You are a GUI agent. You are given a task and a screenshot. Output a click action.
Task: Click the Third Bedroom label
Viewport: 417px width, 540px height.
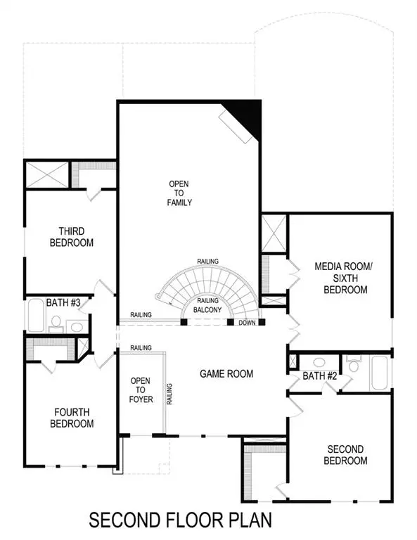72,237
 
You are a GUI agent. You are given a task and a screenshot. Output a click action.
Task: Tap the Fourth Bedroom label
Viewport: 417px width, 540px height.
72,418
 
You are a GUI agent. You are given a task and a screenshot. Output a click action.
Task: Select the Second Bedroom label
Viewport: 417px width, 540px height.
345,455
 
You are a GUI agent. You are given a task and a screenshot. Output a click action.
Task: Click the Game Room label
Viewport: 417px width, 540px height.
226,373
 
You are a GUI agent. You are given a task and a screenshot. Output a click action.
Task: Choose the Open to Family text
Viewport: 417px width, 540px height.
179,193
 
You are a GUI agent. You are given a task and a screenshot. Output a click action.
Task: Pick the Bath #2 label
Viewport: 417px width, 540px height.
321,376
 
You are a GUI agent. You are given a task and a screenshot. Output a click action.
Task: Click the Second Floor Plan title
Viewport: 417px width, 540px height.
180,520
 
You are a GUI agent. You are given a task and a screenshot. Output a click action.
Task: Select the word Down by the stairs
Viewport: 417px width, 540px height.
247,323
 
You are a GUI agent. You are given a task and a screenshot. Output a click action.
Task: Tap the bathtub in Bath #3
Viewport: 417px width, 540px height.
34,316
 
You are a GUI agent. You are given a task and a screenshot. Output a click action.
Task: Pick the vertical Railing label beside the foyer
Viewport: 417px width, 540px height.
169,394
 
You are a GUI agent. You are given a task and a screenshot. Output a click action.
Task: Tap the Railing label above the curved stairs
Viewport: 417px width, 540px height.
207,262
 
